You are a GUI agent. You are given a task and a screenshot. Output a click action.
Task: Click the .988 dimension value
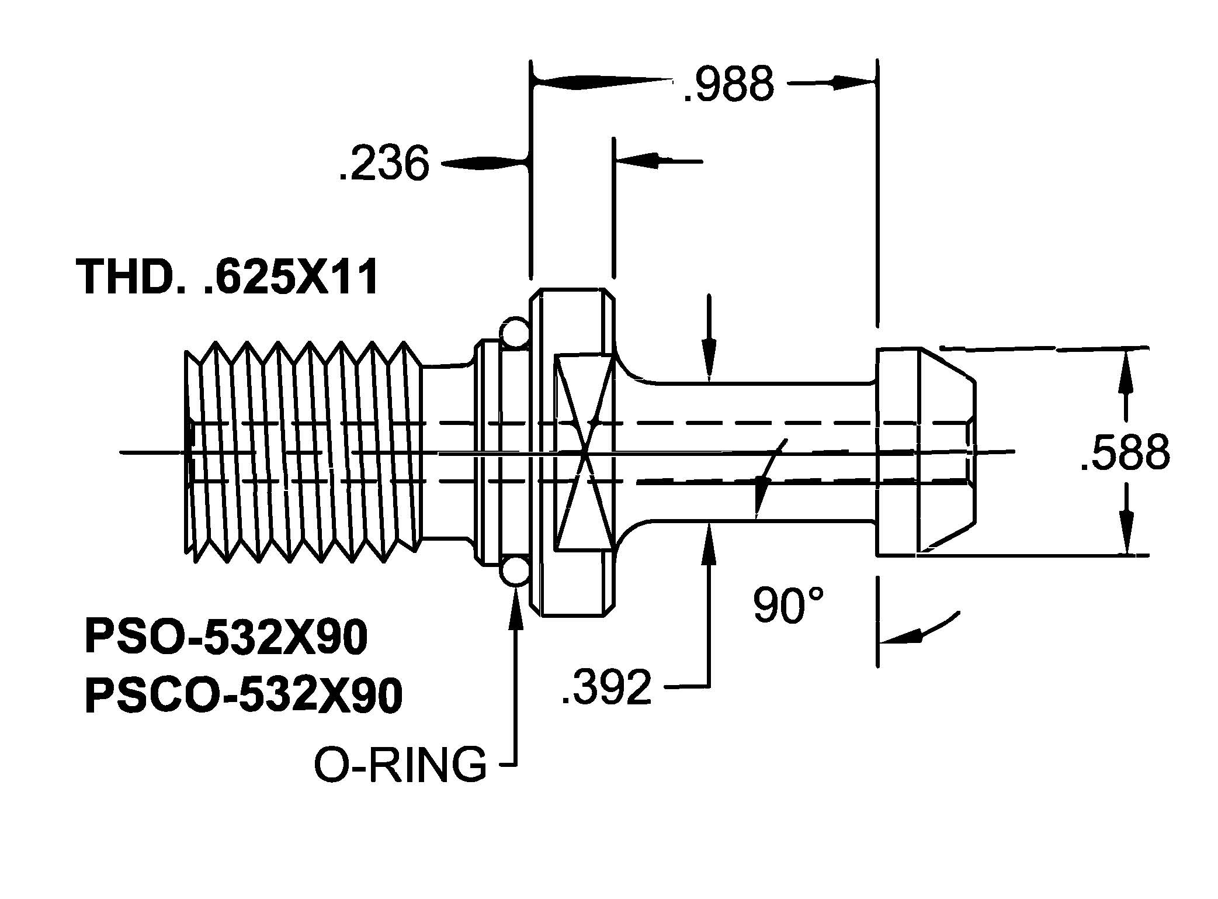click(x=728, y=84)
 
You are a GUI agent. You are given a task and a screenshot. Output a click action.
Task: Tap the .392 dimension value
click(x=606, y=688)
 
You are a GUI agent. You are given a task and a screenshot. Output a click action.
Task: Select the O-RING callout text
click(x=400, y=764)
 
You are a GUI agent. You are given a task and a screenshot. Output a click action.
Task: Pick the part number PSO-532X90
click(x=227, y=637)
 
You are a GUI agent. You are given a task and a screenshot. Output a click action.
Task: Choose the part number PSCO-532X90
click(x=244, y=695)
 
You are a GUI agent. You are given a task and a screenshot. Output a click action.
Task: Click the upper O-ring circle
click(x=514, y=331)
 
